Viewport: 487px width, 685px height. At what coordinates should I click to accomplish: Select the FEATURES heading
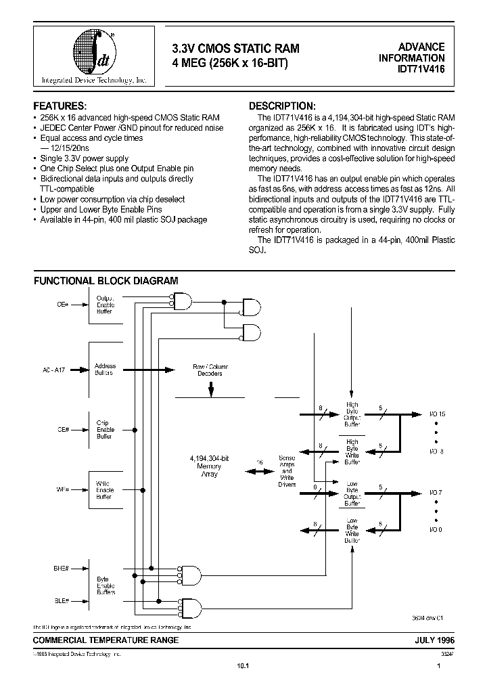[x=60, y=107]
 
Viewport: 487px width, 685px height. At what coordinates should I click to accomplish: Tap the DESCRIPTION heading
[x=282, y=107]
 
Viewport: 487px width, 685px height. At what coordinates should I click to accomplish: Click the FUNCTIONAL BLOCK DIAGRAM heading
[x=106, y=280]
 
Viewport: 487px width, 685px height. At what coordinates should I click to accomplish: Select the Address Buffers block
[x=104, y=370]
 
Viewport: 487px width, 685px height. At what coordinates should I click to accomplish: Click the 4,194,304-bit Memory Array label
[x=209, y=468]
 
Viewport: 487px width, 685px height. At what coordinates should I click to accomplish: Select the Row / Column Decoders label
[x=210, y=370]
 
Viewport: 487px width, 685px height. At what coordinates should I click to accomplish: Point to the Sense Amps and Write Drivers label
[x=286, y=471]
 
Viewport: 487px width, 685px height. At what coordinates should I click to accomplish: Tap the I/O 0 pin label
[x=436, y=529]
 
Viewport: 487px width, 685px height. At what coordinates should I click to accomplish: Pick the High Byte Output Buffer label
[x=352, y=414]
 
